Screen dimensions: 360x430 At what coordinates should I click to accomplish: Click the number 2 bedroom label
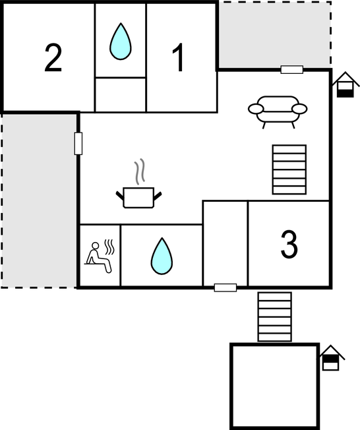coord(53,58)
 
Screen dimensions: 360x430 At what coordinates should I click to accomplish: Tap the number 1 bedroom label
coord(178,58)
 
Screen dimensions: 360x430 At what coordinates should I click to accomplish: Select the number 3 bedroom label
coord(289,244)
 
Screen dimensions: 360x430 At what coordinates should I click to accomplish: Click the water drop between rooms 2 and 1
coord(121,42)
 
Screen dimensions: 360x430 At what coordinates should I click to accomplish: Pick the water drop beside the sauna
coord(162,256)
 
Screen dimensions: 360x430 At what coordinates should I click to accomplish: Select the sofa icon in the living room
coord(278,112)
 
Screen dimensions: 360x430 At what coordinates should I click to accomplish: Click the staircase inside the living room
coord(289,169)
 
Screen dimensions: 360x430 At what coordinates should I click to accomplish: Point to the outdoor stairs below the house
coord(274,317)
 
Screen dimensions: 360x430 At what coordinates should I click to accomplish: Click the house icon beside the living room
coord(345,84)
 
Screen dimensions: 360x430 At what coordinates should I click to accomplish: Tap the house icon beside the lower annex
coord(331,357)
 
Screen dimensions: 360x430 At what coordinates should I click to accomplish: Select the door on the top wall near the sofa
coord(292,70)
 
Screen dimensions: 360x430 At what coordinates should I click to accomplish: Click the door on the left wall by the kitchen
coord(78,143)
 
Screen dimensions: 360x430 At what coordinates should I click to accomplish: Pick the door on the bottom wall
coord(225,288)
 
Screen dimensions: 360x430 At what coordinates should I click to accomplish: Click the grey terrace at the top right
coord(275,35)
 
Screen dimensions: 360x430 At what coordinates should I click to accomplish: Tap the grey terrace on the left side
coord(39,200)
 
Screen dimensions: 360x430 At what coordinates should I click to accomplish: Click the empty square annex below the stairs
coord(275,386)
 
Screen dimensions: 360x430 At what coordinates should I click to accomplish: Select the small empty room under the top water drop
coord(121,95)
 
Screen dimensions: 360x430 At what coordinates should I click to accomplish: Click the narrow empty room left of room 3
coord(225,243)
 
